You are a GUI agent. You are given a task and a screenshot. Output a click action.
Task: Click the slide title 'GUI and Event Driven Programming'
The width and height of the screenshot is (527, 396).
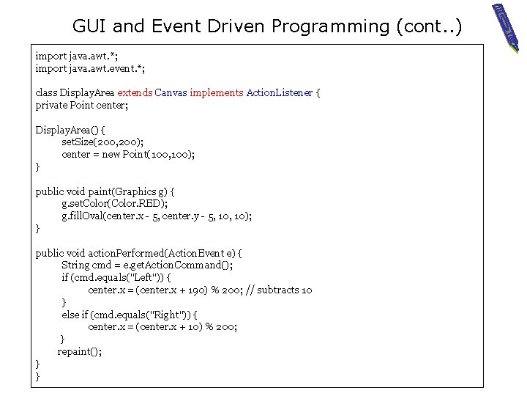(x=267, y=26)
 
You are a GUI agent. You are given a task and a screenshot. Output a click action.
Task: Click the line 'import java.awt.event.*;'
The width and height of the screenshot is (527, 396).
(x=90, y=68)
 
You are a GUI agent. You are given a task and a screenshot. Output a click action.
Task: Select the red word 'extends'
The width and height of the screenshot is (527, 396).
(x=135, y=93)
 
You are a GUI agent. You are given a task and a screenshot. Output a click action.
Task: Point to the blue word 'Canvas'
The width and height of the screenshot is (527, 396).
(x=171, y=93)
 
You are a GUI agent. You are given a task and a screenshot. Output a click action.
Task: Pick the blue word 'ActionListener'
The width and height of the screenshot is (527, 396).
(x=280, y=93)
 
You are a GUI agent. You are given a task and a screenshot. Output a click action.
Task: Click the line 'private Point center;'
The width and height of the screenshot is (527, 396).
(x=82, y=106)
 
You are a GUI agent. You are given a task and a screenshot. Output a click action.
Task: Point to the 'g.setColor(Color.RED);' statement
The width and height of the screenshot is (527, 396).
(x=115, y=204)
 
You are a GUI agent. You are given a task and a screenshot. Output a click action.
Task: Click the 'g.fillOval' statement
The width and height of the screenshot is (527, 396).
(x=157, y=216)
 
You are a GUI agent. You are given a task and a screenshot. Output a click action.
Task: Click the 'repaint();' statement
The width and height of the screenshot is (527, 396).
(x=80, y=352)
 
